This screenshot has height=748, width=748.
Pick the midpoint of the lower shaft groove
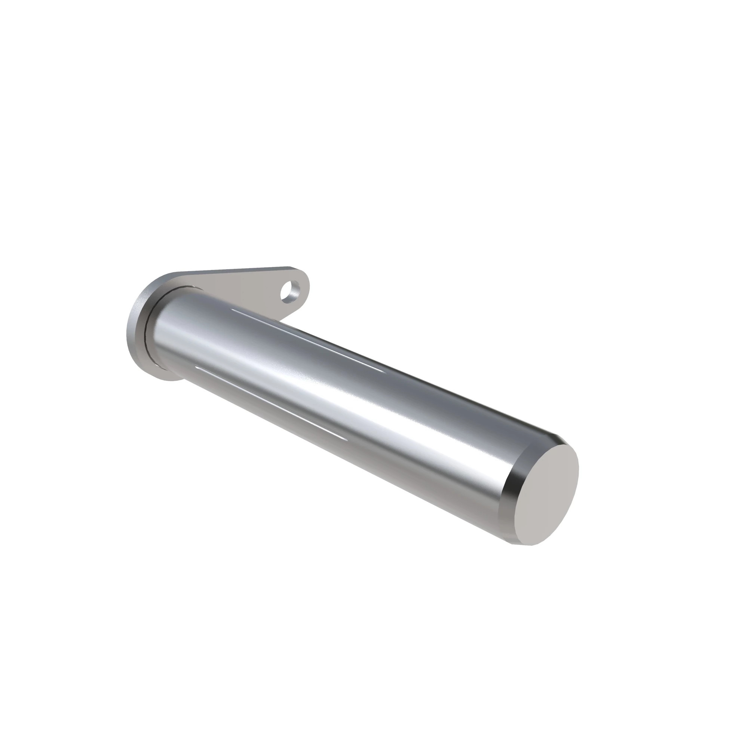pyautogui.click(x=270, y=403)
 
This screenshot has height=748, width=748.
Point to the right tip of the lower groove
pyautogui.click(x=344, y=439)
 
